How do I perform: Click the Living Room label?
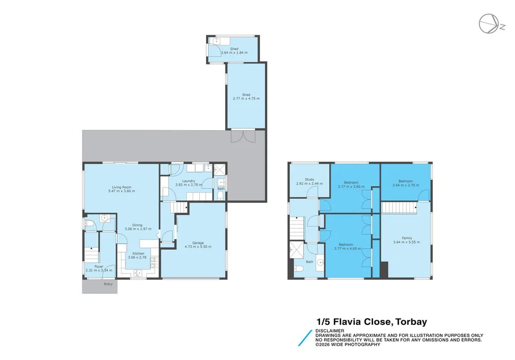[122, 187]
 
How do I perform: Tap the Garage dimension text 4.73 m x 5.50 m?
[198, 247]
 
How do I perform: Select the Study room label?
[310, 180]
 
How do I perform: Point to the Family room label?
[407, 238]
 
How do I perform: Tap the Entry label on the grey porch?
[108, 284]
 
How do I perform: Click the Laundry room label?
[188, 181]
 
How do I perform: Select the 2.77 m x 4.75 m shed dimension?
[246, 98]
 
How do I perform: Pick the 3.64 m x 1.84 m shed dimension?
[234, 53]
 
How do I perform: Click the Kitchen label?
[138, 253]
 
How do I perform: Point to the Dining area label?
[138, 226]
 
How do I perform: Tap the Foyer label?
[99, 267]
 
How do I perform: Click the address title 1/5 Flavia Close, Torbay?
[372, 321]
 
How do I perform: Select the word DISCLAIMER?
[330, 331]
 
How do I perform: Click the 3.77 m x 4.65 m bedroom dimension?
[348, 249]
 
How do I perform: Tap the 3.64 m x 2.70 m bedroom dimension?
[406, 185]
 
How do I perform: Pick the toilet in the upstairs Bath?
[298, 268]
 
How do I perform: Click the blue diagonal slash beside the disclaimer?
[305, 338]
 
